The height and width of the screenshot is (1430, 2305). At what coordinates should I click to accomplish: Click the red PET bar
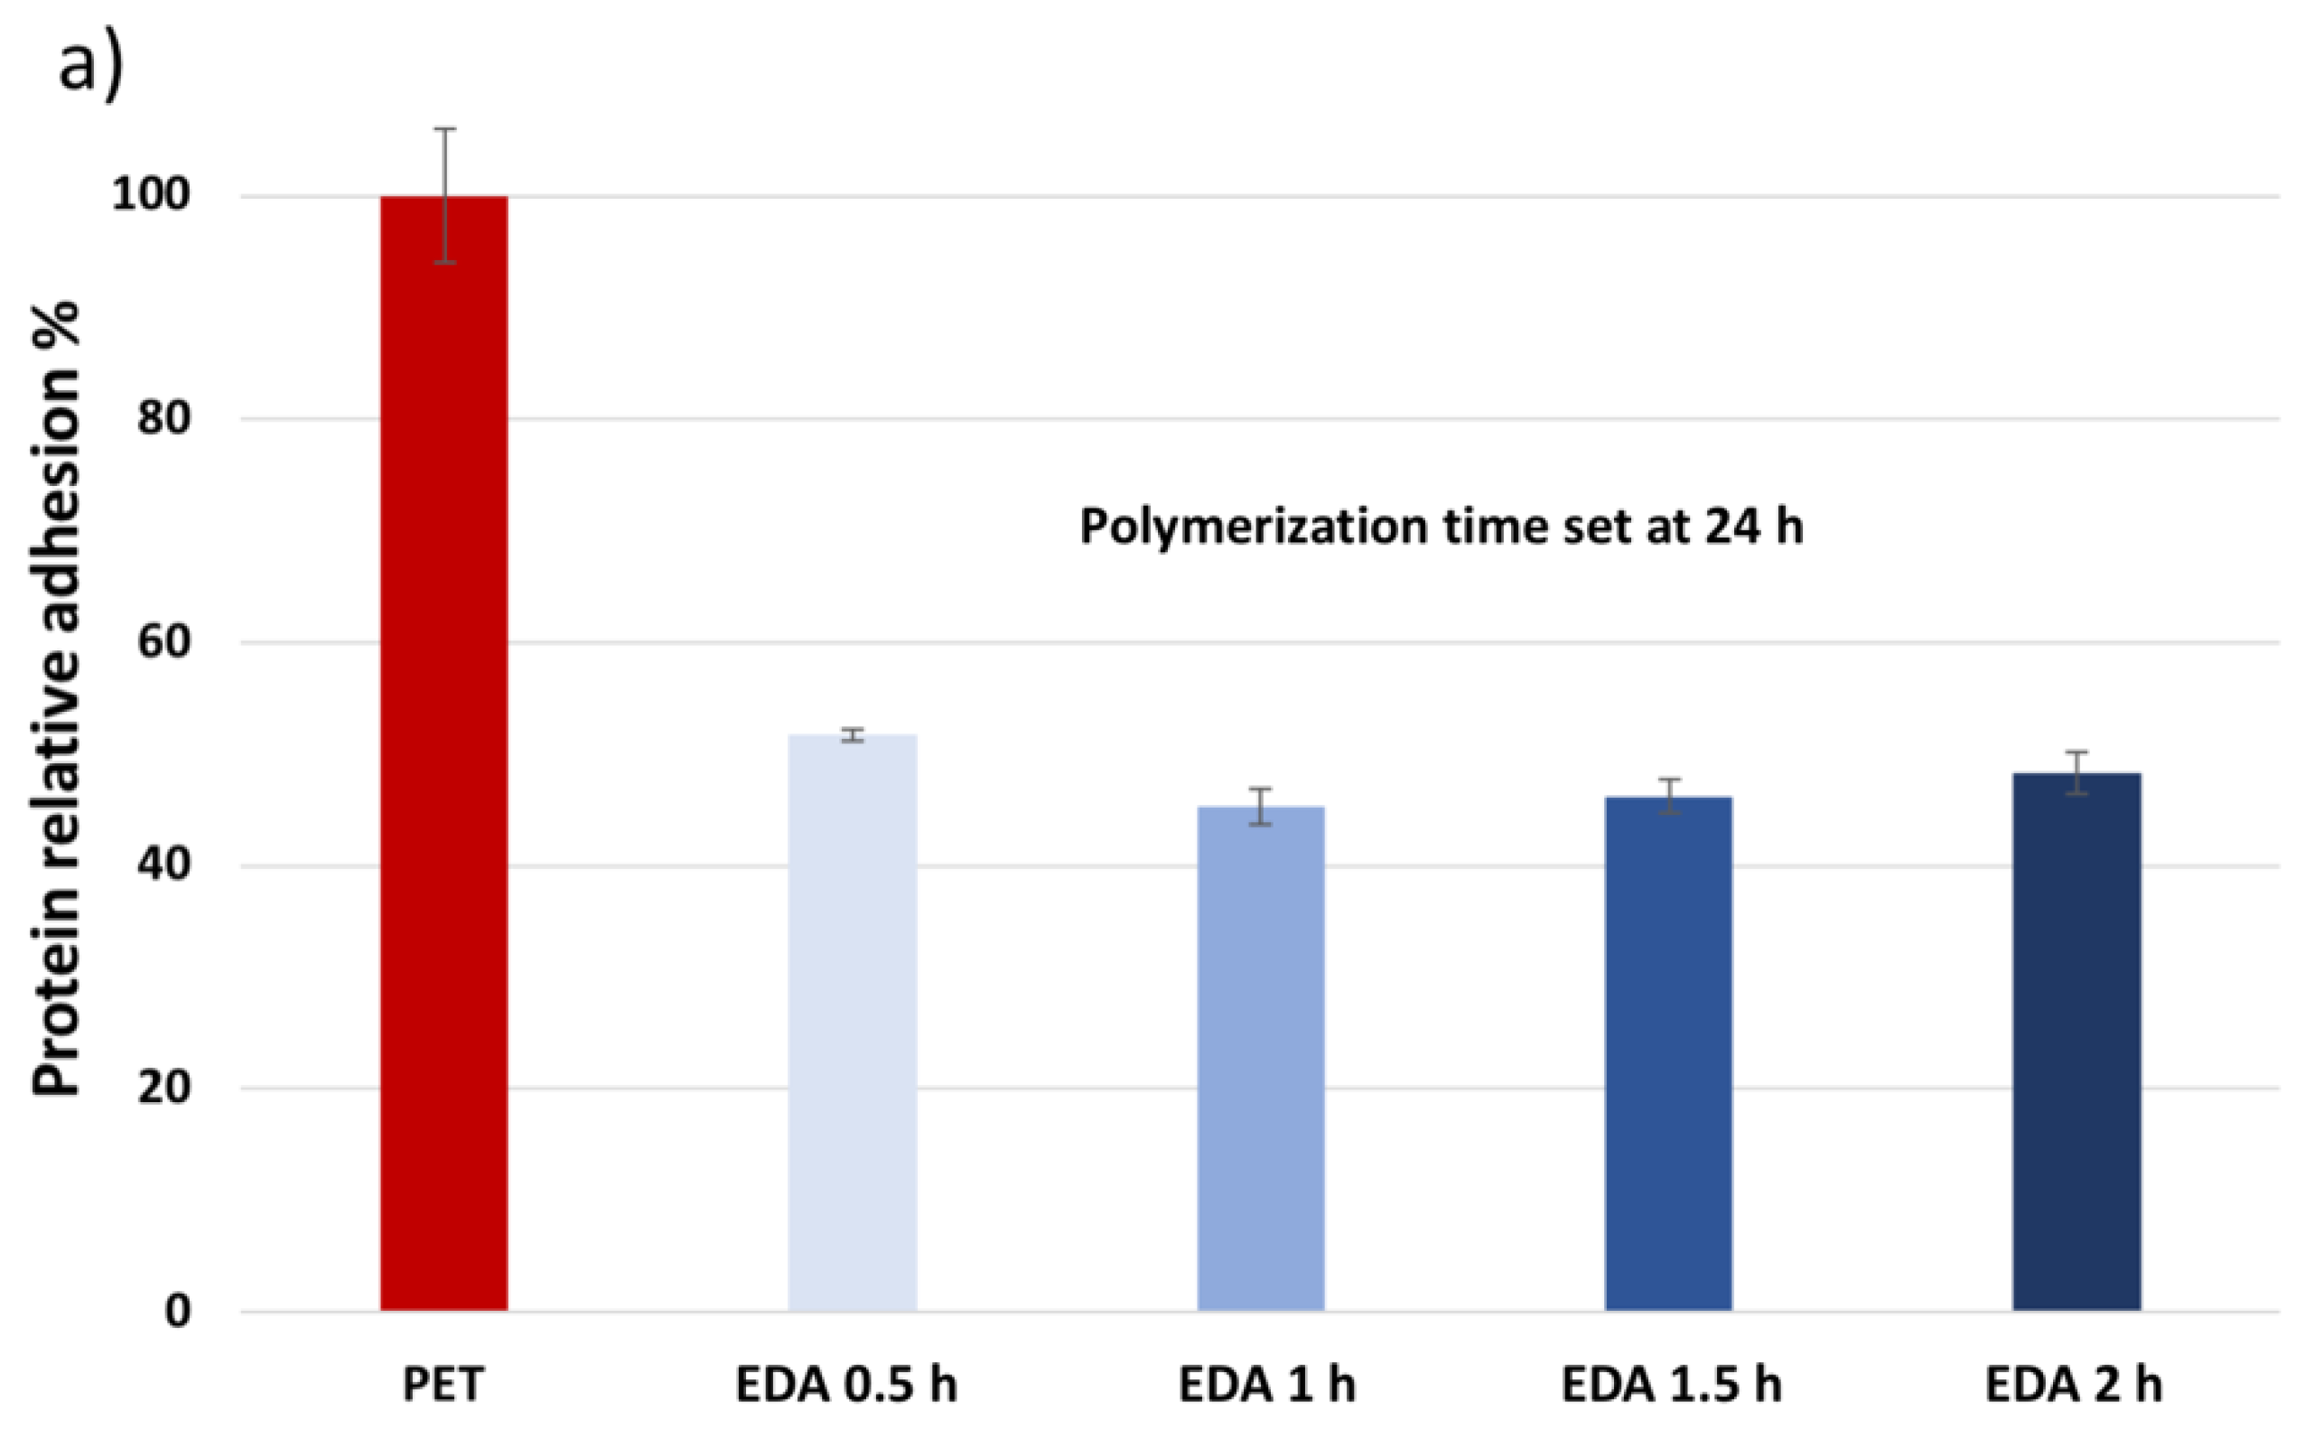[443, 757]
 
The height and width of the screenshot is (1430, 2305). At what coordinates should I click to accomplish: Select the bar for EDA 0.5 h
[852, 1022]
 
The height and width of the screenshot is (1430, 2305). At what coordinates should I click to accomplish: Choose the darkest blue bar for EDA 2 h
[2076, 1041]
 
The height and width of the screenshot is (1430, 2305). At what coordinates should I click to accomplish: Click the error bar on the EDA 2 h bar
[2076, 772]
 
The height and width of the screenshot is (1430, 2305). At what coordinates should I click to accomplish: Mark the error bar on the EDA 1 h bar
[1260, 806]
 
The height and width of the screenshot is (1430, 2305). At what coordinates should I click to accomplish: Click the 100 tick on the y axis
[150, 195]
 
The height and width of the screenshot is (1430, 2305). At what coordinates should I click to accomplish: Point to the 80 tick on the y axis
[163, 417]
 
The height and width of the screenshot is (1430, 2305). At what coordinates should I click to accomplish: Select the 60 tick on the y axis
[163, 641]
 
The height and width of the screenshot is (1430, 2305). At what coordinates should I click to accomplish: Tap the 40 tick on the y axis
[163, 865]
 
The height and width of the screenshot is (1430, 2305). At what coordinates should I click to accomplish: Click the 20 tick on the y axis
[163, 1088]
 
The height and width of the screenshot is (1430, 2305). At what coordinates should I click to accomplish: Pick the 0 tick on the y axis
[177, 1311]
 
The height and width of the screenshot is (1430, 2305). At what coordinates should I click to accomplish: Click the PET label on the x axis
[443, 1385]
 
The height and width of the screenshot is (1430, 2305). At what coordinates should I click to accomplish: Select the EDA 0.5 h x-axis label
[846, 1385]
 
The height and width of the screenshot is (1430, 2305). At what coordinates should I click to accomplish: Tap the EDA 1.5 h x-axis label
[1671, 1385]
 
